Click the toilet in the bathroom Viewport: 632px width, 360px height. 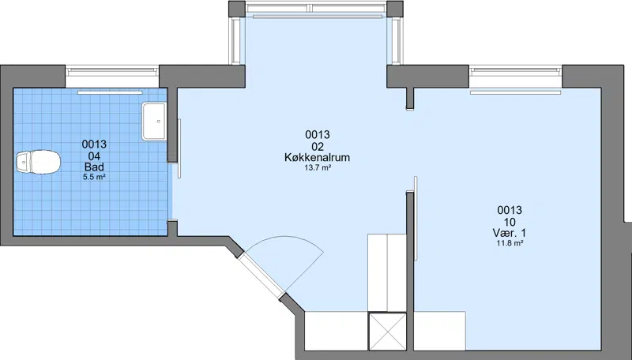click(38, 162)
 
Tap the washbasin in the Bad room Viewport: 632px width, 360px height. click(154, 122)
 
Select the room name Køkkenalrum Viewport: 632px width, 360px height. click(318, 157)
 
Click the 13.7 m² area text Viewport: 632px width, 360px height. click(318, 168)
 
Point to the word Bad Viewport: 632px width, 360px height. click(94, 167)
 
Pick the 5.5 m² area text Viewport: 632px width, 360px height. click(94, 177)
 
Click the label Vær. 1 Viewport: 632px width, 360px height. click(510, 233)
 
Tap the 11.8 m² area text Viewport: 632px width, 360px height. click(510, 243)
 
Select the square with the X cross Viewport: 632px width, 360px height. click(387, 332)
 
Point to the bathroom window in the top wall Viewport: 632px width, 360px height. click(112, 72)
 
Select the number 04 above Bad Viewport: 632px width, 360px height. click(94, 156)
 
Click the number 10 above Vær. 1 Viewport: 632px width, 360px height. click(510, 222)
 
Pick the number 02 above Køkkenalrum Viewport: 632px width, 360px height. click(318, 146)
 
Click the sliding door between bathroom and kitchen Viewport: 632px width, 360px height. click(179, 148)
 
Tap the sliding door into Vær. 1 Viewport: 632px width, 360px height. click(416, 218)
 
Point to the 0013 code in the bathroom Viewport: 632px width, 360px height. click(94, 144)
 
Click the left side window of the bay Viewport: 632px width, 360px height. click(234, 40)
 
